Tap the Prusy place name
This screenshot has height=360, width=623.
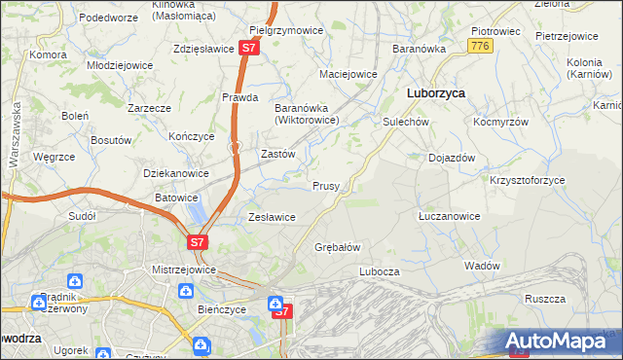(x=325, y=186)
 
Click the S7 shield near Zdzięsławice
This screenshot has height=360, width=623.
(x=250, y=47)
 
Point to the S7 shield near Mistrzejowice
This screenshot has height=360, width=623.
(x=198, y=242)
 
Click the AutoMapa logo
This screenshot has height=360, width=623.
(x=561, y=342)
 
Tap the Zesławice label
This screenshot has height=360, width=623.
(x=272, y=217)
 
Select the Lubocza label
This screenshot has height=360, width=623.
(x=380, y=271)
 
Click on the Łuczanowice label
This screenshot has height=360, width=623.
(x=449, y=216)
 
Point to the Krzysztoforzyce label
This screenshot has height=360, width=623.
(x=527, y=180)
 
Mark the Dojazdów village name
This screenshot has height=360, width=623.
(x=452, y=158)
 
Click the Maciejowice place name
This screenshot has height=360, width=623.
(x=348, y=74)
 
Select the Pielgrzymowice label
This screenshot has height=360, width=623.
(x=286, y=30)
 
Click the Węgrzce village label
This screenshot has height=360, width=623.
(x=54, y=157)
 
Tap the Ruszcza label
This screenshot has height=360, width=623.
(x=545, y=299)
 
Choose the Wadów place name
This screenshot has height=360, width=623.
(x=483, y=266)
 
